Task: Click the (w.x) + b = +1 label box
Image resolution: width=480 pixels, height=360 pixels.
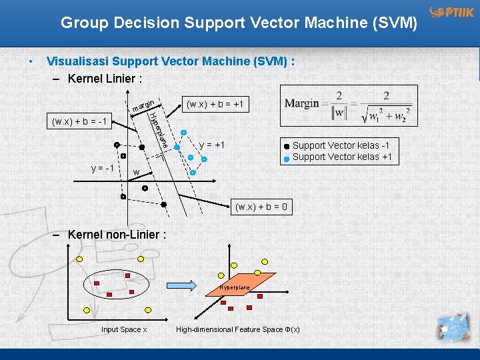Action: pos(215,105)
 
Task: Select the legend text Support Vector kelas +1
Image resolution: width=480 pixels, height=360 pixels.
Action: pos(343,157)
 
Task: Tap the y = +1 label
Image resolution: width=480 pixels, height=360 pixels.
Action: pos(212,145)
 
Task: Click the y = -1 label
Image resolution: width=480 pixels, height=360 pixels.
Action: pos(102,167)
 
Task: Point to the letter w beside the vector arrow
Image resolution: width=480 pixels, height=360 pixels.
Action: pos(136,173)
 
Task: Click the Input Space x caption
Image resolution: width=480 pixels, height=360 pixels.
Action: pos(124,329)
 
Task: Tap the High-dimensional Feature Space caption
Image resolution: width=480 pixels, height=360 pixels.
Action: pos(238,329)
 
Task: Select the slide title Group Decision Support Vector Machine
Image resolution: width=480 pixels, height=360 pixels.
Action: pos(239,23)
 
